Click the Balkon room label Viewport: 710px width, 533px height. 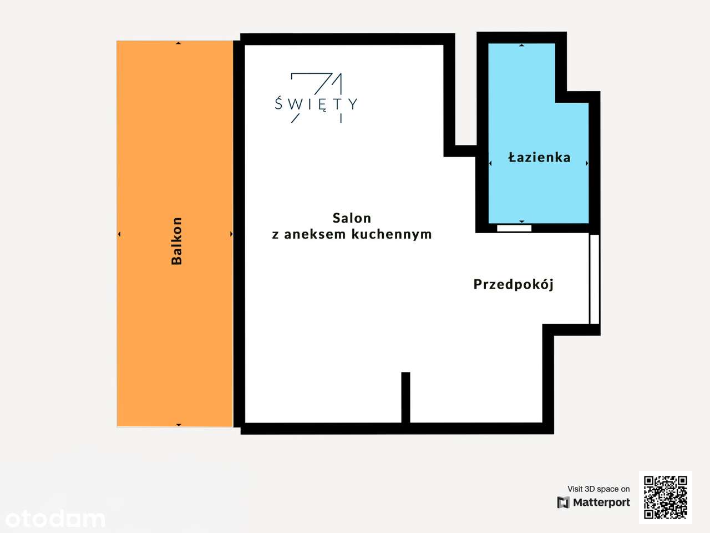[177, 241]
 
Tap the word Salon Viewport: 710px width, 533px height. [352, 218]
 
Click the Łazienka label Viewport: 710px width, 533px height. [539, 158]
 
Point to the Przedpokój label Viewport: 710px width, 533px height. [514, 284]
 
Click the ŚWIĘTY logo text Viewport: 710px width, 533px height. [316, 103]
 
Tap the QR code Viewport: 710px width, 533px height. [666, 497]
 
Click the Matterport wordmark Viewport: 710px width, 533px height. [601, 502]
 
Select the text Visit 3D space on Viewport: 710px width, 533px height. [599, 489]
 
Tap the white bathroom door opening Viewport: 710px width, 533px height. [514, 228]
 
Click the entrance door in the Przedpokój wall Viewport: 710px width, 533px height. [594, 279]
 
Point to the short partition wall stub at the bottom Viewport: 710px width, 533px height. [405, 397]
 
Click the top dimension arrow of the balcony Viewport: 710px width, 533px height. [178, 43]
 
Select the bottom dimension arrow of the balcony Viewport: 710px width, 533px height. [178, 425]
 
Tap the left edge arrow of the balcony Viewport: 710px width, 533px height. [119, 234]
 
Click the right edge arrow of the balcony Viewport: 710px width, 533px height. [231, 234]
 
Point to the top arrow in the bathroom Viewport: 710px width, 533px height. [521, 45]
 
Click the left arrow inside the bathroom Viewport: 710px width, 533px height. [490, 163]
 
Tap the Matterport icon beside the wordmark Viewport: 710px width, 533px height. [563, 502]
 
